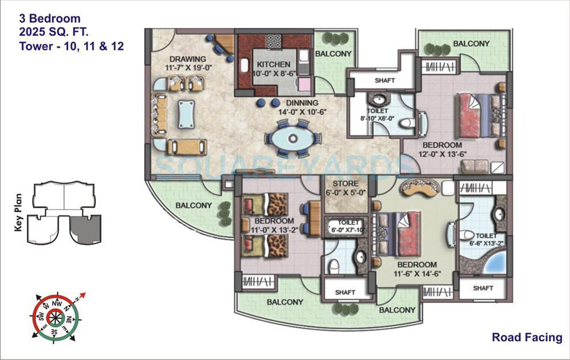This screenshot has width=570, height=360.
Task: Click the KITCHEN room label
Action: (273, 64)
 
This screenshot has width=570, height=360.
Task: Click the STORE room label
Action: (345, 183)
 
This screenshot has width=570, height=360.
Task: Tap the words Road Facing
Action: (527, 337)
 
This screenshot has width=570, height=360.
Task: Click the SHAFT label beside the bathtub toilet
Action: (483, 288)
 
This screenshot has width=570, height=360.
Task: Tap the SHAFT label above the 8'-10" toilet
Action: (385, 80)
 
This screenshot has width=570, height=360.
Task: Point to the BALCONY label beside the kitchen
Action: (333, 54)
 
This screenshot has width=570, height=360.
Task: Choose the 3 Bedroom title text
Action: (49, 19)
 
